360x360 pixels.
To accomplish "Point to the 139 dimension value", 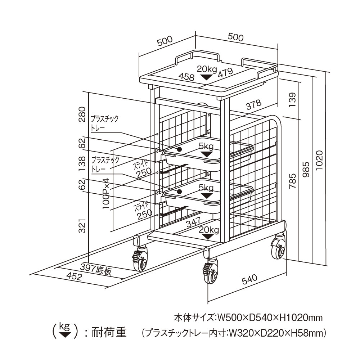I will pyautogui.click(x=292, y=100).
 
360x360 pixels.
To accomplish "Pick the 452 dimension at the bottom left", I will pyautogui.click(x=75, y=276).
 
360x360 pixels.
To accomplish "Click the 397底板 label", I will pyautogui.click(x=96, y=269).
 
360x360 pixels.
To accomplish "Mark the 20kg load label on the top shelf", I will pyautogui.click(x=206, y=68).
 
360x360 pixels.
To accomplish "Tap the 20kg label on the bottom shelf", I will pyautogui.click(x=208, y=230).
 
